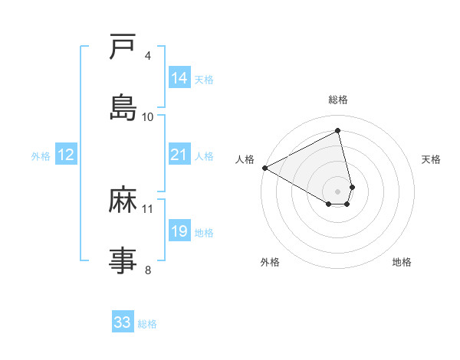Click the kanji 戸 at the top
(123, 47)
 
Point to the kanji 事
(123, 260)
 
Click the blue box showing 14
(179, 78)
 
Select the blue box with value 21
(179, 155)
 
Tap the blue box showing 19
(179, 231)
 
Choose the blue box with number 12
(66, 155)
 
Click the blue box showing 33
(123, 322)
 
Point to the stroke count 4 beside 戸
(148, 56)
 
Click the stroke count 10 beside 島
(148, 116)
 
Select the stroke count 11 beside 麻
(148, 208)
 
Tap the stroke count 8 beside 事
(148, 270)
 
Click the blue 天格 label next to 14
(204, 80)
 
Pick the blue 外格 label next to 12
(41, 156)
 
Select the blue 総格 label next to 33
(147, 324)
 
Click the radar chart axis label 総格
(338, 100)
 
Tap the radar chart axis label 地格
(402, 262)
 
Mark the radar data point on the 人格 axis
(264, 168)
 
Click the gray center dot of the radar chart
(338, 191)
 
